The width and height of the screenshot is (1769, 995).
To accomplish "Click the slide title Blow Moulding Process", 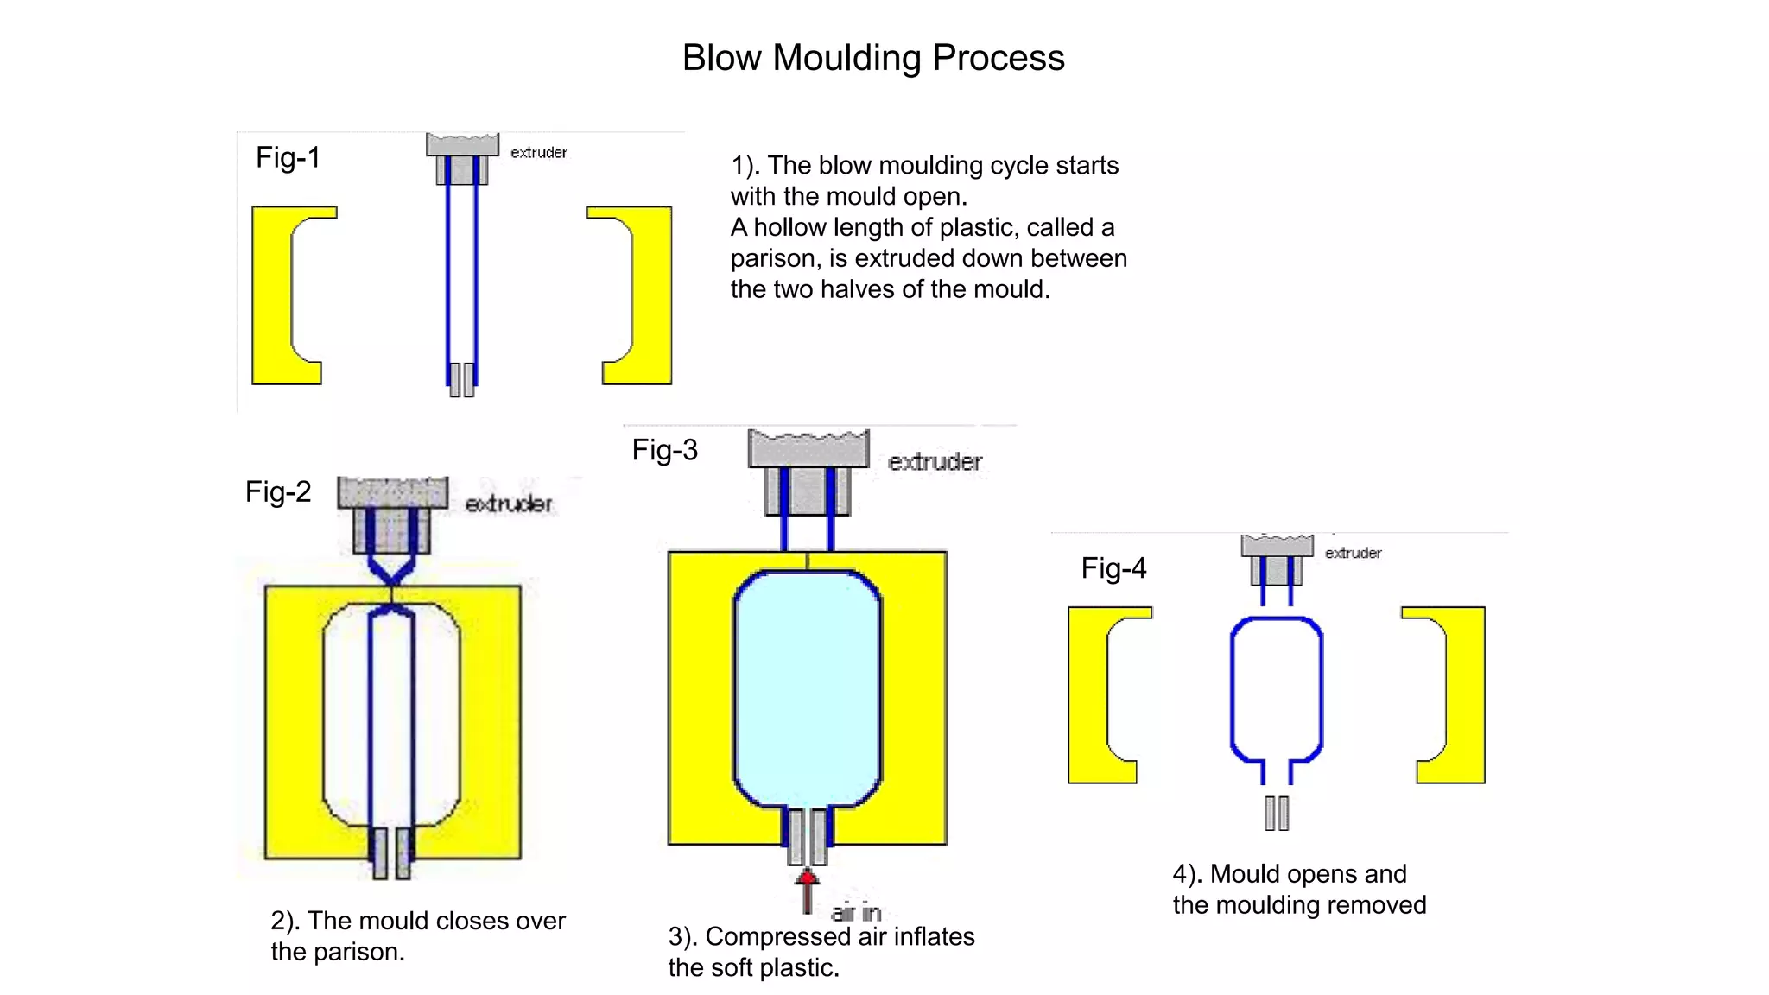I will click(x=872, y=58).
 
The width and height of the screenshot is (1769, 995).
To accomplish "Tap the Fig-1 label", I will click(x=288, y=157).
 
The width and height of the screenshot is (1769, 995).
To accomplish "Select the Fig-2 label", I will click(x=277, y=491).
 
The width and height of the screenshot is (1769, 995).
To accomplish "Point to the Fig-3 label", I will click(x=664, y=450).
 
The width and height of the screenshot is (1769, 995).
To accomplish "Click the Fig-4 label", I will click(x=1113, y=568).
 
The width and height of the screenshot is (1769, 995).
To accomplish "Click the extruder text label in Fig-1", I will click(x=538, y=153).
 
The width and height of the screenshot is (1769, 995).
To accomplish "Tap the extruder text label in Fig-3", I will click(x=935, y=462).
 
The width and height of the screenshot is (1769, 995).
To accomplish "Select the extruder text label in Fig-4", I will click(x=1353, y=553).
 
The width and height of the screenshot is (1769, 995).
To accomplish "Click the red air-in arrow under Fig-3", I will click(x=807, y=890).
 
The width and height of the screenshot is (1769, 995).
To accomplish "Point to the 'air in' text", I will click(x=855, y=912).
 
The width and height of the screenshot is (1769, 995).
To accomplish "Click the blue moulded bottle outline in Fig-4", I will click(x=1233, y=691).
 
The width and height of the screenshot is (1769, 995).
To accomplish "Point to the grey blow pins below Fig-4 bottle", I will click(x=1276, y=813).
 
